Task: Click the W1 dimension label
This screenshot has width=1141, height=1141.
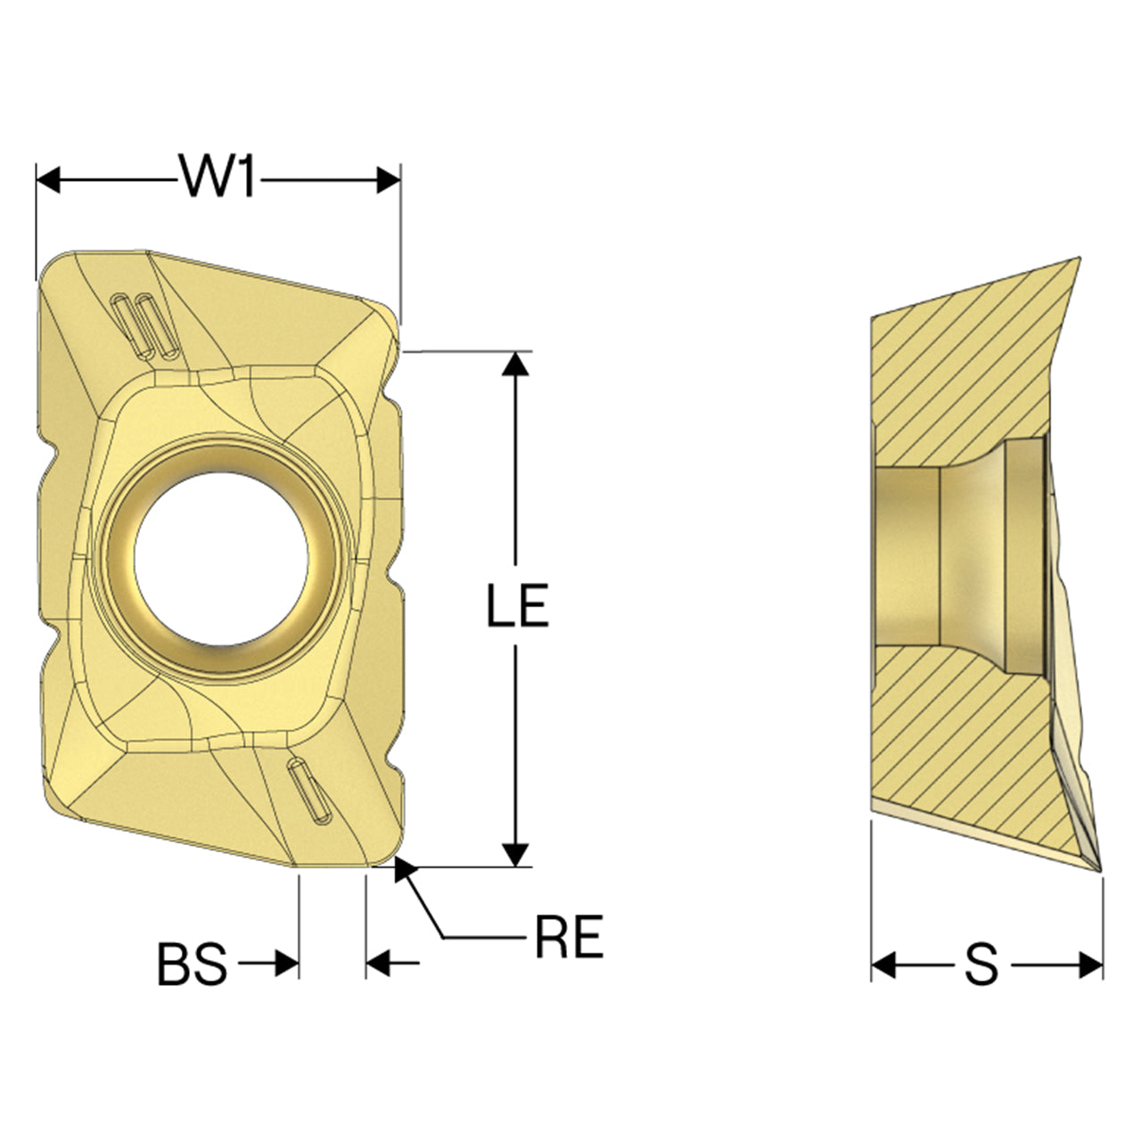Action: [218, 176]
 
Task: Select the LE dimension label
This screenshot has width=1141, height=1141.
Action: [517, 604]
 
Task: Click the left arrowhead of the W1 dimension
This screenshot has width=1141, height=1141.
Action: [48, 179]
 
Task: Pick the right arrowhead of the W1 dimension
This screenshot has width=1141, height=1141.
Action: [389, 179]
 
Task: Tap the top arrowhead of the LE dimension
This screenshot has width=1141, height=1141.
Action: [515, 364]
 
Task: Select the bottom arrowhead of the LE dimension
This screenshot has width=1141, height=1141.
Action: [515, 854]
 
